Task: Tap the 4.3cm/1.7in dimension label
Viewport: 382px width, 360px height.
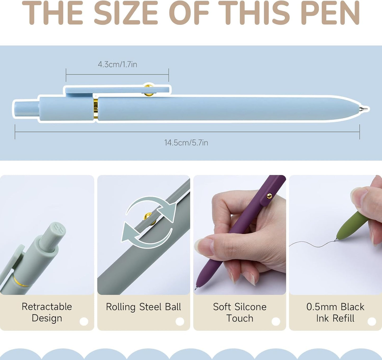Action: click(x=117, y=65)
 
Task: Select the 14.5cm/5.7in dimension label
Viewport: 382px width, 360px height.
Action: click(x=186, y=143)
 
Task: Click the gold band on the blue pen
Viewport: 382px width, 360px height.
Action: click(x=96, y=109)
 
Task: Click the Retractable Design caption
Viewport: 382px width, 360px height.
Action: click(x=47, y=312)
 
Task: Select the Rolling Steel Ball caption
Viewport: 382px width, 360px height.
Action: click(x=144, y=307)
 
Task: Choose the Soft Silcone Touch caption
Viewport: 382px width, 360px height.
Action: click(x=240, y=312)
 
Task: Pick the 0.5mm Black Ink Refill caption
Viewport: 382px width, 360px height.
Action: click(x=335, y=312)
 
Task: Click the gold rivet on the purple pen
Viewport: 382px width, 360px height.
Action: click(x=269, y=196)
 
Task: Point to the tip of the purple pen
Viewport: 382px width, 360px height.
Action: click(x=196, y=288)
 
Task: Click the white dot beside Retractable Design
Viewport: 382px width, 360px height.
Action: click(x=84, y=321)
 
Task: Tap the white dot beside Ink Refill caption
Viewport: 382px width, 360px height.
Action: click(x=372, y=321)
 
